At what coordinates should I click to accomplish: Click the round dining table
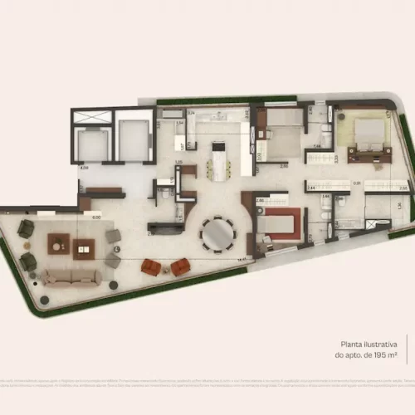pos(217,234)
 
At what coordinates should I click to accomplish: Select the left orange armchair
pos(150,266)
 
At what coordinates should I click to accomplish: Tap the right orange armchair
pos(180,266)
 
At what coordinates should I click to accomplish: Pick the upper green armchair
pos(26,228)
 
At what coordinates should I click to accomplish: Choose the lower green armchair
pos(28,261)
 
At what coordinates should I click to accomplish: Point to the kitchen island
pos(218,160)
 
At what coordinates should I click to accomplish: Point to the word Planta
pos(351,343)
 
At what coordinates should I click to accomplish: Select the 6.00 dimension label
pos(96,217)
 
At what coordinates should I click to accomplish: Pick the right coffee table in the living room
pos(83,247)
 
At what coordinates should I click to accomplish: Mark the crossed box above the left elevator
pos(89,116)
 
